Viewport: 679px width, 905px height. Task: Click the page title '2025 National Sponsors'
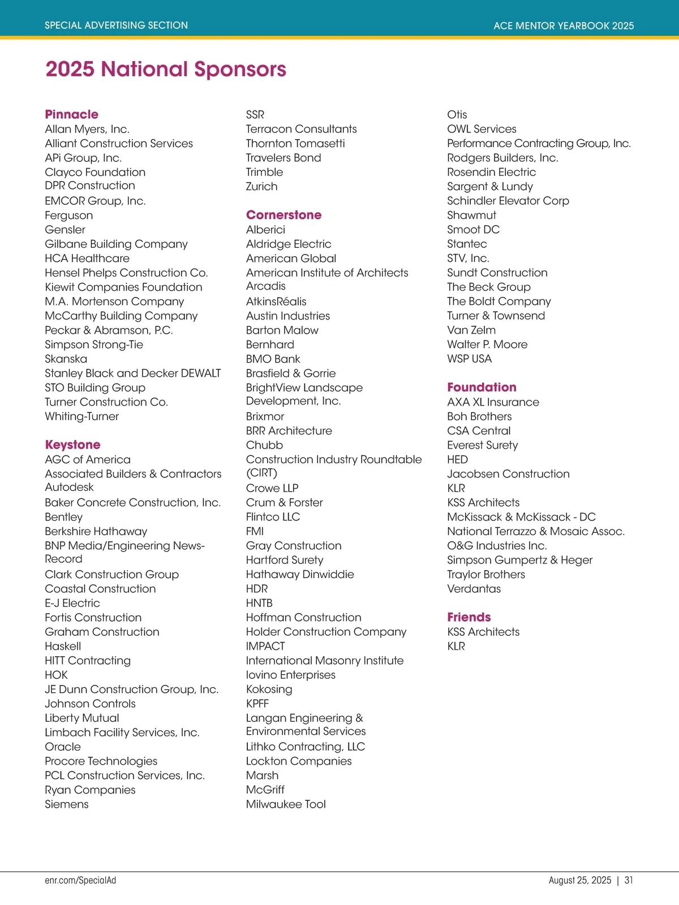pyautogui.click(x=166, y=69)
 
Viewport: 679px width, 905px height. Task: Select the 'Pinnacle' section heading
pyautogui.click(x=72, y=114)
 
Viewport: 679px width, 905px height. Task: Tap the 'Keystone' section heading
pyautogui.click(x=73, y=445)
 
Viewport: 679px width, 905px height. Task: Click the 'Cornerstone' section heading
pyautogui.click(x=283, y=215)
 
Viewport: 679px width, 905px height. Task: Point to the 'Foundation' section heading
pyautogui.click(x=482, y=387)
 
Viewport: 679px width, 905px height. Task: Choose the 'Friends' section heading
pyautogui.click(x=469, y=617)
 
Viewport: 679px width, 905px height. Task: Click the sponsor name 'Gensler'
pyautogui.click(x=65, y=230)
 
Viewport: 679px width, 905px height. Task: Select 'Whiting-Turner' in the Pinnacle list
pyautogui.click(x=82, y=416)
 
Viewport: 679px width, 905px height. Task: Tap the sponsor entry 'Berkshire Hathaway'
pyautogui.click(x=96, y=531)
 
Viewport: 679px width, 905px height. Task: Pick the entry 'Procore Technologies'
pyautogui.click(x=101, y=761)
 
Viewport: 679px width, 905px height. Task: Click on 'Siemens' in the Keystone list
pyautogui.click(x=67, y=804)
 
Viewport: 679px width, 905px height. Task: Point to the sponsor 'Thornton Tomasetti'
pyautogui.click(x=295, y=143)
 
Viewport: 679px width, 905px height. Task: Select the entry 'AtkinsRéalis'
pyautogui.click(x=276, y=301)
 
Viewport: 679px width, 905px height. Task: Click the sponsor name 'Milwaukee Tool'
pyautogui.click(x=286, y=804)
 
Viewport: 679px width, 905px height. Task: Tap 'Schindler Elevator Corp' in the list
pyautogui.click(x=508, y=201)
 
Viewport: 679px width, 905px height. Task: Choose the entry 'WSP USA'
pyautogui.click(x=470, y=359)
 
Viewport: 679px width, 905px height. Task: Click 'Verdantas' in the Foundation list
pyautogui.click(x=474, y=589)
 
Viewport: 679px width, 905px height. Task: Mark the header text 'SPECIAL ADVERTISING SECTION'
pyautogui.click(x=117, y=25)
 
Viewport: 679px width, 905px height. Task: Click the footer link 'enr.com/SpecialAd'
pyautogui.click(x=80, y=880)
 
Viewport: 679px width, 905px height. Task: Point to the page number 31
pyautogui.click(x=629, y=880)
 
